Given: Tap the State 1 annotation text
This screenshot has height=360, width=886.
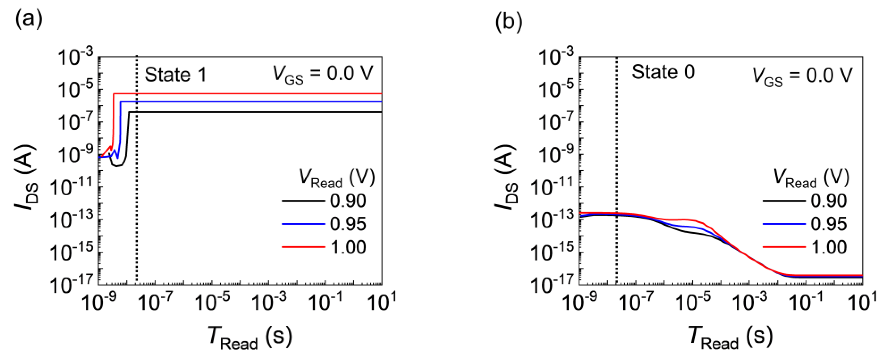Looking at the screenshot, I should (175, 75).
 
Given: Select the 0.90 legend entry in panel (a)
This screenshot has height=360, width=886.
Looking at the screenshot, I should (348, 201).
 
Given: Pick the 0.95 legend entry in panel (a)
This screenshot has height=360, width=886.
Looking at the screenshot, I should (348, 224).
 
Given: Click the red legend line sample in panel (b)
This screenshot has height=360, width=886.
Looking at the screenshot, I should (784, 247).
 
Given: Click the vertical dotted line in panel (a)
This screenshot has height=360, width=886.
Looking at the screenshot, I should (136, 206).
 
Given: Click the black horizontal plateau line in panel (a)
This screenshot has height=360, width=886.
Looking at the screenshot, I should (254, 112).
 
